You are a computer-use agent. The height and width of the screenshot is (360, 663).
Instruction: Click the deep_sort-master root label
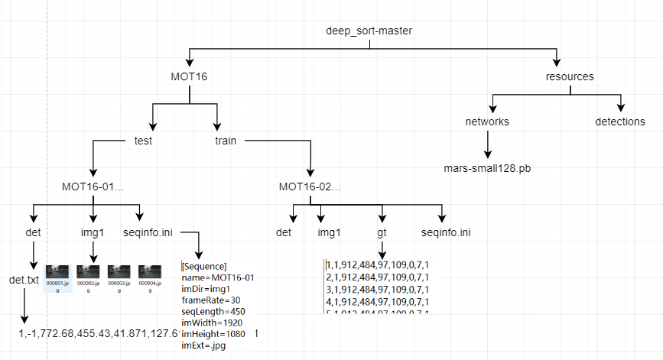pos(369,31)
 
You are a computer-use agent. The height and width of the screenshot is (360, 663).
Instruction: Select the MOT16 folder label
pos(190,76)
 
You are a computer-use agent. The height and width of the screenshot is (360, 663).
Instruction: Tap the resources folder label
pos(570,76)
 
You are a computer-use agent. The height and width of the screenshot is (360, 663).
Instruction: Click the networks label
pos(487,122)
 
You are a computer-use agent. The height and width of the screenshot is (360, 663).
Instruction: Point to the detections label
pos(620,122)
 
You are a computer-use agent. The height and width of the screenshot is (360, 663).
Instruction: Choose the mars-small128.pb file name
pos(487,167)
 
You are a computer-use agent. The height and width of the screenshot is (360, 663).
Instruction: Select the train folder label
pos(226,141)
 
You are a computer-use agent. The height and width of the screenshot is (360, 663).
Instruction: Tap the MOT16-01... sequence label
pos(93,186)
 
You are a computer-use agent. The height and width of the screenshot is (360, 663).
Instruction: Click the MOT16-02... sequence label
pos(310,186)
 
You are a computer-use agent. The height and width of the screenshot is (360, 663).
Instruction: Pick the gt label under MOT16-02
pos(381,232)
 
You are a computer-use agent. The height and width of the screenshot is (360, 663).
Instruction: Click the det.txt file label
pos(24,280)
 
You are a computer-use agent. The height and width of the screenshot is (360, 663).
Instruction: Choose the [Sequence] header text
pos(204,266)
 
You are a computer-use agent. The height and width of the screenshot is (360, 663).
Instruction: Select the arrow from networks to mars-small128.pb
pos(487,144)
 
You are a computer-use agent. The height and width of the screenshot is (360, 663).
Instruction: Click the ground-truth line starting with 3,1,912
pos(378,289)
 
